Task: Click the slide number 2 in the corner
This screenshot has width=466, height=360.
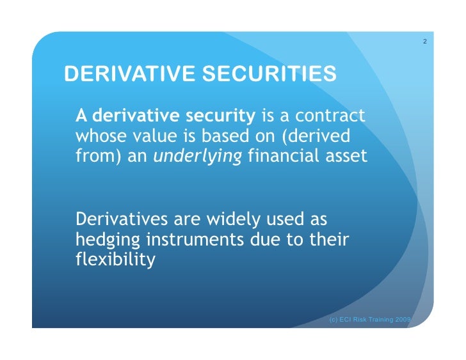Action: click(x=425, y=42)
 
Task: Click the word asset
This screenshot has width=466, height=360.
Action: click(x=348, y=155)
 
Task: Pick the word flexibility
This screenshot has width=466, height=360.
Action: click(x=115, y=260)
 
